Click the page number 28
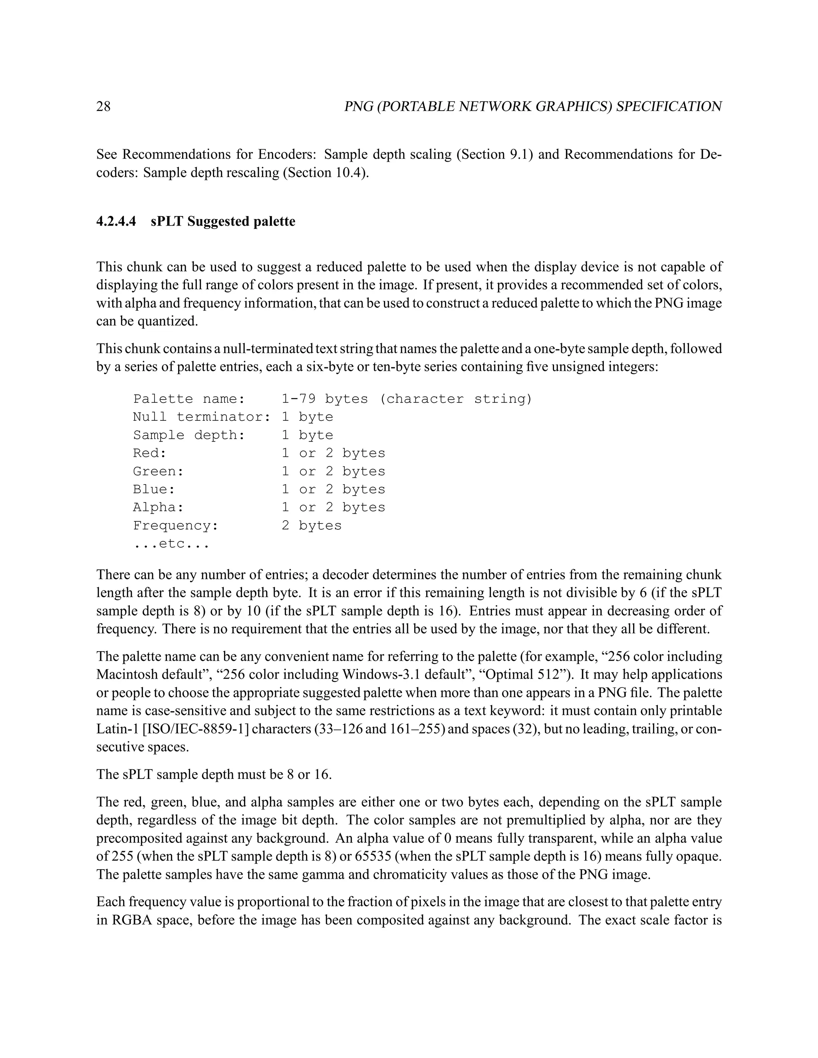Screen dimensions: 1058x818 [x=103, y=107]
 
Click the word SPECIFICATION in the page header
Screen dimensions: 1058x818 [x=669, y=107]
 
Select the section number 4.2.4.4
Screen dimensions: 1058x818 [x=116, y=222]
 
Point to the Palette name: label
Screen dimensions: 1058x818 [x=189, y=399]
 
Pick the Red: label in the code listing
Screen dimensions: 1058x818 [x=150, y=454]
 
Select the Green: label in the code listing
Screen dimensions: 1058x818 [x=159, y=472]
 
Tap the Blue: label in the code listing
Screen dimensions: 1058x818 [x=154, y=489]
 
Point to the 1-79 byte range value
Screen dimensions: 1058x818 [x=299, y=399]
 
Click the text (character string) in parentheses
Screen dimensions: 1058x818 [x=455, y=399]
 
